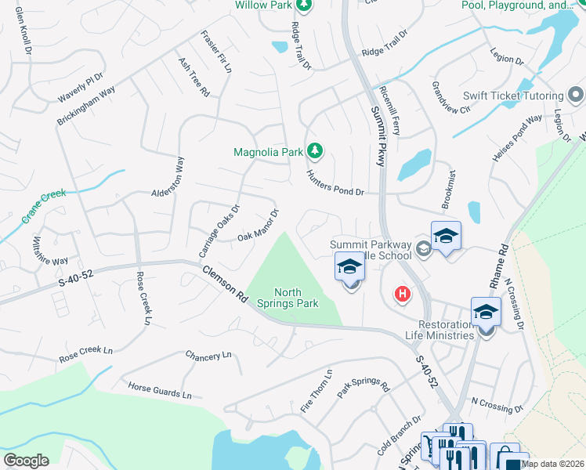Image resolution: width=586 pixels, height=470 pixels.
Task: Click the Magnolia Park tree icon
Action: (314, 150)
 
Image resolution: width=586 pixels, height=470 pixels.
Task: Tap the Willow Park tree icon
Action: (304, 5)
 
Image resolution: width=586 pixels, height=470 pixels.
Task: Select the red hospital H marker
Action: (402, 295)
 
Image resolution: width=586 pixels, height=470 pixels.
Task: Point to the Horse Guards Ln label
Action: (160, 389)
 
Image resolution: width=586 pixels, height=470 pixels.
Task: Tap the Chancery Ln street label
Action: (208, 356)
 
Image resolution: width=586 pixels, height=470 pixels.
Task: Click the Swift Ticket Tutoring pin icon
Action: (576, 96)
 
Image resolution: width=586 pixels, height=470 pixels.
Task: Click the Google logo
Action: (26, 461)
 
